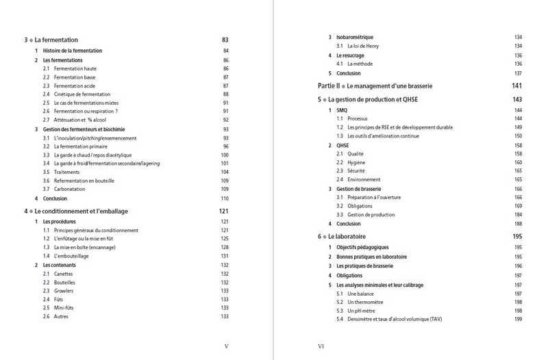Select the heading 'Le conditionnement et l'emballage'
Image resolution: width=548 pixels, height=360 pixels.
point(85,211)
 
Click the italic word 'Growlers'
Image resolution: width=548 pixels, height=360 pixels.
point(64,290)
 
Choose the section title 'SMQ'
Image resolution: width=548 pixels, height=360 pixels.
point(342,110)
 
